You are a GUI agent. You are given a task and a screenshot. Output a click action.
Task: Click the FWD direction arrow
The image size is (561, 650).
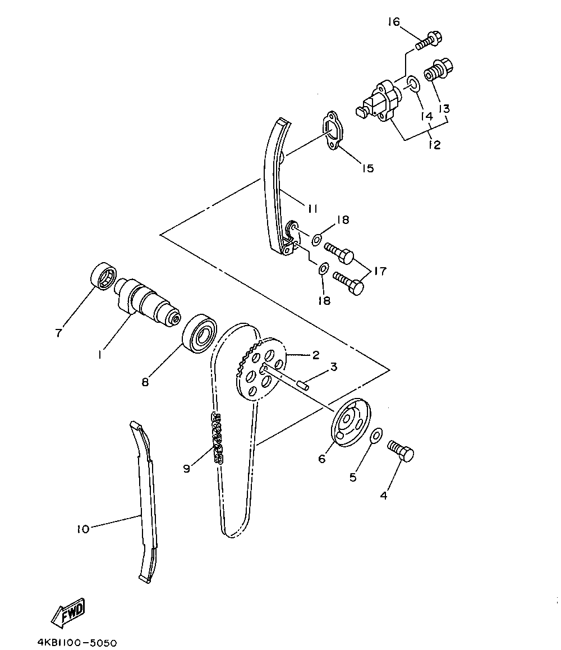pyautogui.click(x=68, y=611)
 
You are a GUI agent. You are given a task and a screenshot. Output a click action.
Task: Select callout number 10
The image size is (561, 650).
pyautogui.click(x=83, y=529)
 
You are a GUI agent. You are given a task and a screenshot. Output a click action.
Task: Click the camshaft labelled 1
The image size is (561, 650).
pyautogui.click(x=148, y=303)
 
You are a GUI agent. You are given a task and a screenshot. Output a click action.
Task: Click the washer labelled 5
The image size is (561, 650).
pyautogui.click(x=376, y=436)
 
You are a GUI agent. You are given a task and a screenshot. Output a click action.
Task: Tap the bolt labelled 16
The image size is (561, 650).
pyautogui.click(x=429, y=41)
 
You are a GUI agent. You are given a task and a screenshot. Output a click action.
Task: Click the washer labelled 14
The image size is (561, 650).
pyautogui.click(x=412, y=85)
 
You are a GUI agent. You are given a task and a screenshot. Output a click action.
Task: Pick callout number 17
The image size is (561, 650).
pyautogui.click(x=380, y=272)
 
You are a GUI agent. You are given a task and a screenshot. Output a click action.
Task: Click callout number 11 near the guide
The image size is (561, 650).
pyautogui.click(x=312, y=208)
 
